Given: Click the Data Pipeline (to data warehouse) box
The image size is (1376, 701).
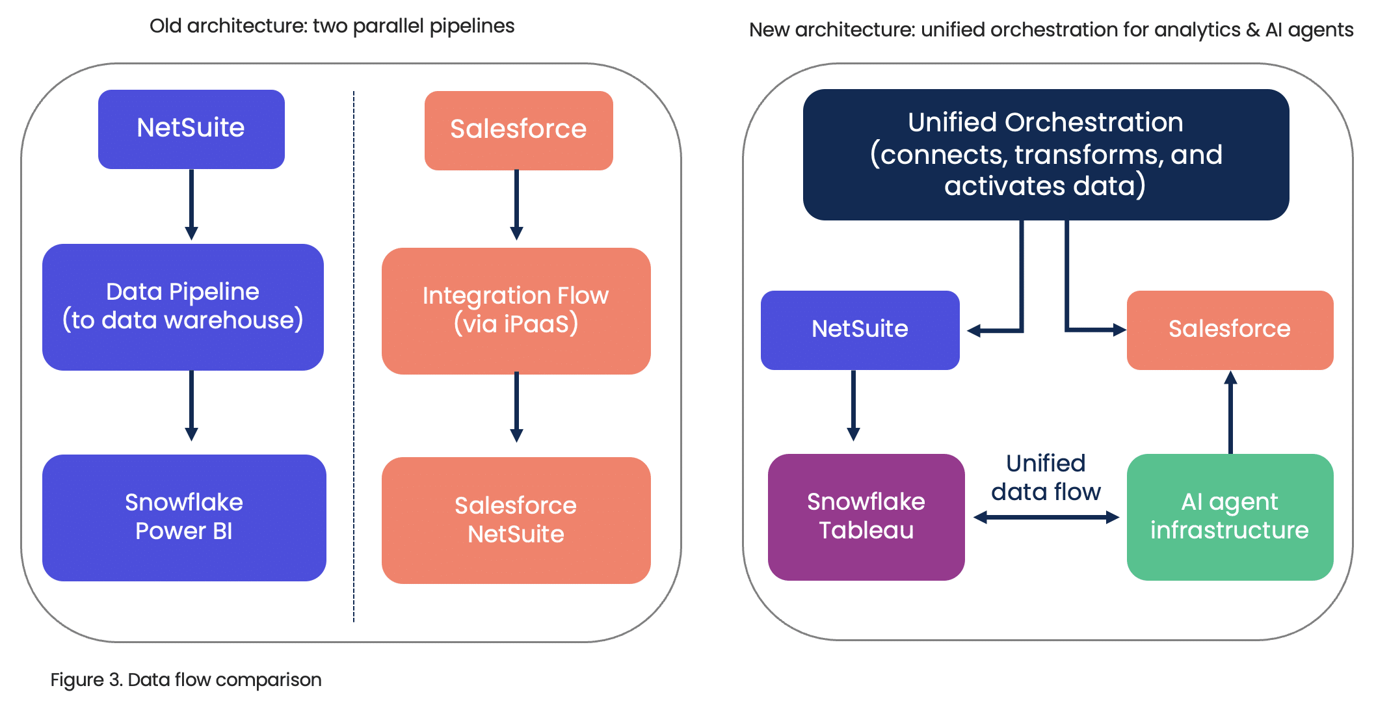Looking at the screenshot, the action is point(183,307).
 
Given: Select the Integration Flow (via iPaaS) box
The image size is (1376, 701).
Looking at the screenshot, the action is point(516,311).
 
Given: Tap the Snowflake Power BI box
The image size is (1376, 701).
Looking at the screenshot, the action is point(184,518).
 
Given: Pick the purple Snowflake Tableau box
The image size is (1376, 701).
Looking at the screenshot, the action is point(866,517).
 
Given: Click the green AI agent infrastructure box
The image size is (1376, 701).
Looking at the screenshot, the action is point(1230,517).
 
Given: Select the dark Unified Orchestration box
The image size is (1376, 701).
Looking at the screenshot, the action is point(1046,155).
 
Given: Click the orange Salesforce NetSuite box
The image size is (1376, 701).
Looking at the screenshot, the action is point(516,520).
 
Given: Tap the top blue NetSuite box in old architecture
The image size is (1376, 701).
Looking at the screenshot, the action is point(191,129).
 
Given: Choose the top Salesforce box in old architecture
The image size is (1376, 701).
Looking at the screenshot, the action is point(518,131).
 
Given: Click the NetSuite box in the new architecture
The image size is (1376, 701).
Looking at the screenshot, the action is point(860,330).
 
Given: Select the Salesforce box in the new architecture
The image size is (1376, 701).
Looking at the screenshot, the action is point(1230,330).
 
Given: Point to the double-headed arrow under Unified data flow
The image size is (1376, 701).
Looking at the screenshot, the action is point(1046,518).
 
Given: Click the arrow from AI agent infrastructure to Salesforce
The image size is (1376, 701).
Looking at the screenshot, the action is point(1230,412).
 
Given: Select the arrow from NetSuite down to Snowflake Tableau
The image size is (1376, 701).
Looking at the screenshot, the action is point(853,406).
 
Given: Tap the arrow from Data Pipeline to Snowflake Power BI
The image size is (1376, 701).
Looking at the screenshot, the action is point(191,406).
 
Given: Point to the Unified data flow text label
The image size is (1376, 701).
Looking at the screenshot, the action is point(1046,477).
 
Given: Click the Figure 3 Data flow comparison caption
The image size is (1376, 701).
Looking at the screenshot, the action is point(186,680).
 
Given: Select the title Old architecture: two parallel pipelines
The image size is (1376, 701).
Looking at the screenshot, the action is point(332,26).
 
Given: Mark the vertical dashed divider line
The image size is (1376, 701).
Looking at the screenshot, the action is point(354,356).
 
